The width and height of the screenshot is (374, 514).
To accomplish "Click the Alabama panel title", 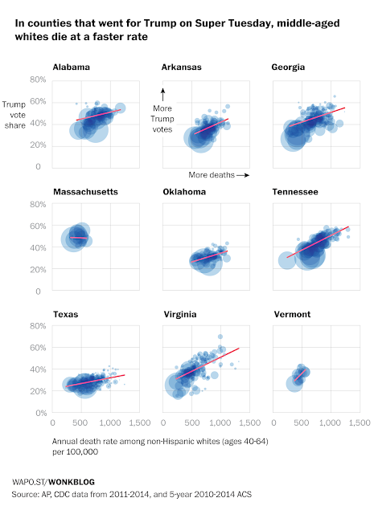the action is pyautogui.click(x=71, y=67).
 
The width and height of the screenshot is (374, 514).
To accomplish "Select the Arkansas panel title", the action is pyautogui.click(x=181, y=67).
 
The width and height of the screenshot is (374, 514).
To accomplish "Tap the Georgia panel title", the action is pyautogui.click(x=288, y=67).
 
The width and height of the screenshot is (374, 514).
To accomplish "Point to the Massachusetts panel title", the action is pyautogui.click(x=85, y=192).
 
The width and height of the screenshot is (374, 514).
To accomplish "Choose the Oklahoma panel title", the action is pyautogui.click(x=184, y=192).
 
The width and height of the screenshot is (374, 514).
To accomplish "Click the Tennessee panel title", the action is pyautogui.click(x=295, y=192).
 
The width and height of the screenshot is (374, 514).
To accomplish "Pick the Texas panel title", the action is pyautogui.click(x=66, y=314).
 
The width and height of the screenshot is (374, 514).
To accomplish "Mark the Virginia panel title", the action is pyautogui.click(x=180, y=314).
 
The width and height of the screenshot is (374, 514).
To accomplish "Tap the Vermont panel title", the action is pyautogui.click(x=292, y=314).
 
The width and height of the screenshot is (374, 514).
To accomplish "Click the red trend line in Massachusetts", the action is pyautogui.click(x=79, y=238).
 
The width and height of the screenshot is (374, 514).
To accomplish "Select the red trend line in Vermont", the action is pyautogui.click(x=300, y=375).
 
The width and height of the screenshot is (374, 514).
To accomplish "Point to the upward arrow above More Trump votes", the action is pyautogui.click(x=162, y=95).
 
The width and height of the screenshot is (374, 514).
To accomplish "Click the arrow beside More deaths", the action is pyautogui.click(x=243, y=175).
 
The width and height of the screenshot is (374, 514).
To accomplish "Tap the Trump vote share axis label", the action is pyautogui.click(x=14, y=115).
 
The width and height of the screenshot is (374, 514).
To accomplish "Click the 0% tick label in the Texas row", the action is pyautogui.click(x=41, y=413).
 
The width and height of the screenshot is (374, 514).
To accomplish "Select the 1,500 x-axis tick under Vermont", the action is pyautogui.click(x=360, y=423).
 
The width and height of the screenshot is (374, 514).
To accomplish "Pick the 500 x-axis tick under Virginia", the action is pyautogui.click(x=191, y=423).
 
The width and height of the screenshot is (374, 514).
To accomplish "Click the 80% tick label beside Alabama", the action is pyautogui.click(x=38, y=80).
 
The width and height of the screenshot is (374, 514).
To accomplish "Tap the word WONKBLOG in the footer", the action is pyautogui.click(x=72, y=482).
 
